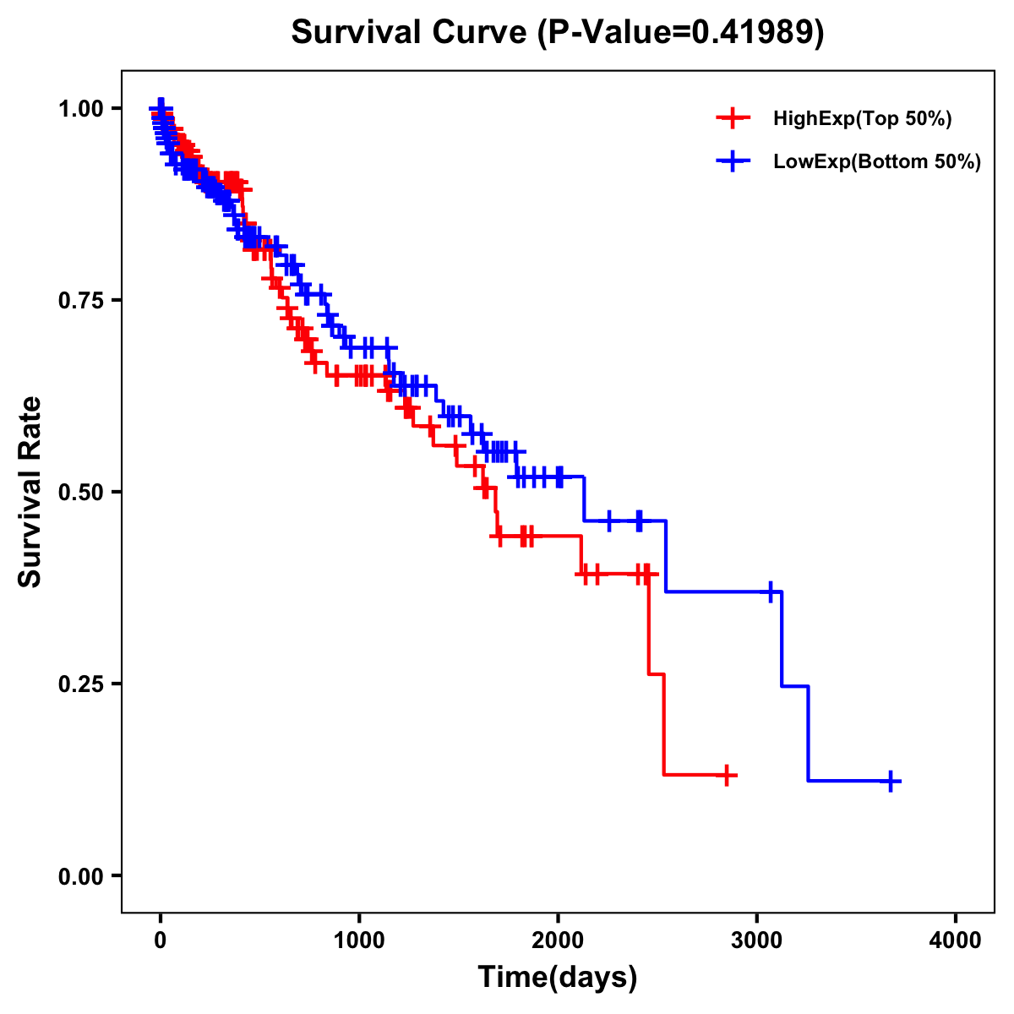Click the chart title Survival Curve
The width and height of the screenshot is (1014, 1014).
point(557,32)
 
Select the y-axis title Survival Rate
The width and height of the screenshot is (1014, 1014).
point(30,491)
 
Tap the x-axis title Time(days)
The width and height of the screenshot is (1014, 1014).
point(557,978)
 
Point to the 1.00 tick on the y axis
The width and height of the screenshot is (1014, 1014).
point(80,108)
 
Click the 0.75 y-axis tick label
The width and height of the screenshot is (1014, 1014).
point(80,300)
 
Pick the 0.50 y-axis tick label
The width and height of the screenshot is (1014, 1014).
point(80,492)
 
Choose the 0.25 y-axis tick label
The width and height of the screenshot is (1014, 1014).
point(80,684)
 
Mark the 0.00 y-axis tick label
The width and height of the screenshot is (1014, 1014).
point(80,875)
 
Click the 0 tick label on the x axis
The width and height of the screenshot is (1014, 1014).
point(161,941)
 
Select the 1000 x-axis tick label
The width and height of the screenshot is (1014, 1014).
point(359,941)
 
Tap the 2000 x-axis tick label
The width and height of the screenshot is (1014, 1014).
point(558,941)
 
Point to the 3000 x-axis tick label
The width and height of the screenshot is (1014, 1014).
point(757,941)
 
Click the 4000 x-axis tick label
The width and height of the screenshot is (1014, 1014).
point(956,941)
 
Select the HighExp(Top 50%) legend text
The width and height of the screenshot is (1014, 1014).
point(863,119)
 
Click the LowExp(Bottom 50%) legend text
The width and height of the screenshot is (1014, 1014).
point(877,162)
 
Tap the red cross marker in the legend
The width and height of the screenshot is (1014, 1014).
point(733,119)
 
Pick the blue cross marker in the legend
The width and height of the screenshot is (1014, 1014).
point(733,162)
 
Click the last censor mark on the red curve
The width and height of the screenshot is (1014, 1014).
point(726,775)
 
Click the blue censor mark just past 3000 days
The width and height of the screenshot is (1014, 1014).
point(771,591)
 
